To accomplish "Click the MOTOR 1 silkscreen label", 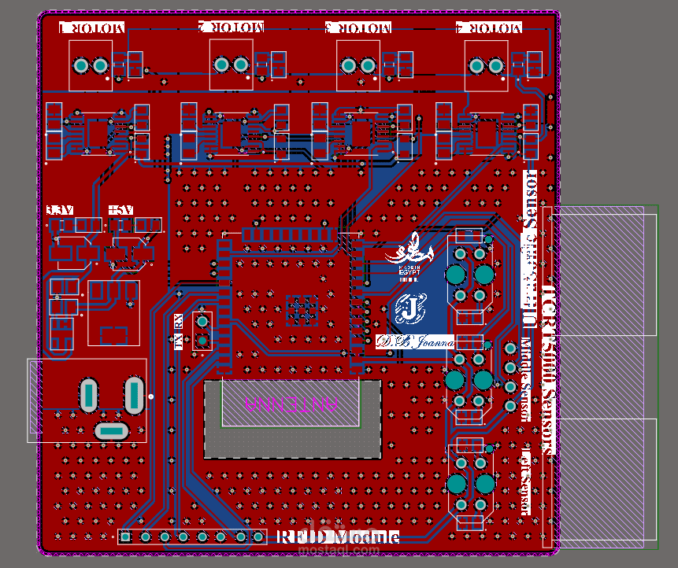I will point(92,28).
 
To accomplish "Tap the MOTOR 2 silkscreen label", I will point(231,27).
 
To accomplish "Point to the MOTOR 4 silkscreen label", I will point(488,28).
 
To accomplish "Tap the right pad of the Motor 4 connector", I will point(496,65).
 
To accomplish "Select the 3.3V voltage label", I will point(60,210).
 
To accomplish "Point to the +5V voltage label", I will point(121,210).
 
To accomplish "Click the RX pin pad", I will point(202,321).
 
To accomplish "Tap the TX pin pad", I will point(202,340).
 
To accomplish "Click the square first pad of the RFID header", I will point(126,537).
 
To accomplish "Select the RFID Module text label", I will point(338,537).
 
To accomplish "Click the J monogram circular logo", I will point(409,309).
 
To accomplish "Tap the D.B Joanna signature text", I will point(415,342).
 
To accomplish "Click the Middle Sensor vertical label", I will point(526,379).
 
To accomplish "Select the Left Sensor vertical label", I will point(526,481).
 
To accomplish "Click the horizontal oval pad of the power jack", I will point(110,430).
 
